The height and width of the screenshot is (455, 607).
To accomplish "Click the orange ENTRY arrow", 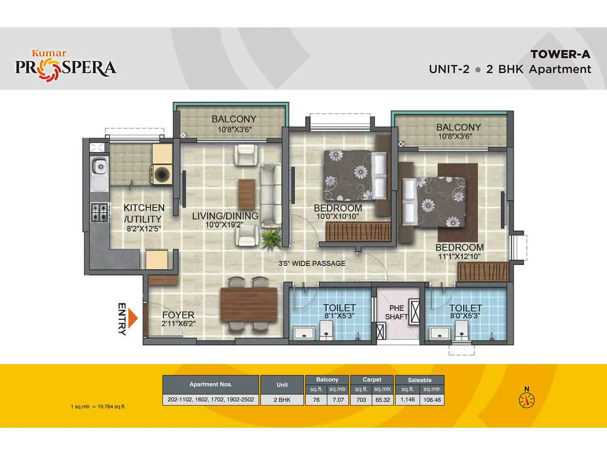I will [x=132, y=318].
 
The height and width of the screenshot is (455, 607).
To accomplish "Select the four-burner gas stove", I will [x=99, y=212].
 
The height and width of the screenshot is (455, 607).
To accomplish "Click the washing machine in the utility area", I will [x=162, y=174].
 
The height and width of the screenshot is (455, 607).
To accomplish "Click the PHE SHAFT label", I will [x=396, y=312].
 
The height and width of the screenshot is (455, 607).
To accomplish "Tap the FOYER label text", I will [x=178, y=315].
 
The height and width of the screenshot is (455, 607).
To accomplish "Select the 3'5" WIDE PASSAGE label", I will [x=312, y=264].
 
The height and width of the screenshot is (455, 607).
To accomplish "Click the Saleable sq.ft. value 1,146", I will [x=407, y=400].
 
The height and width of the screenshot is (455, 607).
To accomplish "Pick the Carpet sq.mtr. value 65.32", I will [x=382, y=400].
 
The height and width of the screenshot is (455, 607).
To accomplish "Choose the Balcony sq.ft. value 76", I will [x=316, y=400].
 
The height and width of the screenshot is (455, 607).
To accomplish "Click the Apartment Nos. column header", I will [x=211, y=384].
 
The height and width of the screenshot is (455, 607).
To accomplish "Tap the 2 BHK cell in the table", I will [x=282, y=400].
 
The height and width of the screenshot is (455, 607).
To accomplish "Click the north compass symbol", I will [x=527, y=400].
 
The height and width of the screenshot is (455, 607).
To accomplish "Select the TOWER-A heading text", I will [x=560, y=55].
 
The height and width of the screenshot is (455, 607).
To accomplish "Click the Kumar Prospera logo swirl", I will [x=49, y=71].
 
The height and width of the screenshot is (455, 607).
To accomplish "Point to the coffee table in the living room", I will [x=247, y=194].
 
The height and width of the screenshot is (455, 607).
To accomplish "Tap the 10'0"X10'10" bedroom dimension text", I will [x=338, y=217].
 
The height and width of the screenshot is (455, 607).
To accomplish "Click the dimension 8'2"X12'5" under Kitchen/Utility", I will [x=144, y=229].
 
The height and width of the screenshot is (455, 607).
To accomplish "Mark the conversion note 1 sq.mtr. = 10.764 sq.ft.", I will [x=98, y=406].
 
